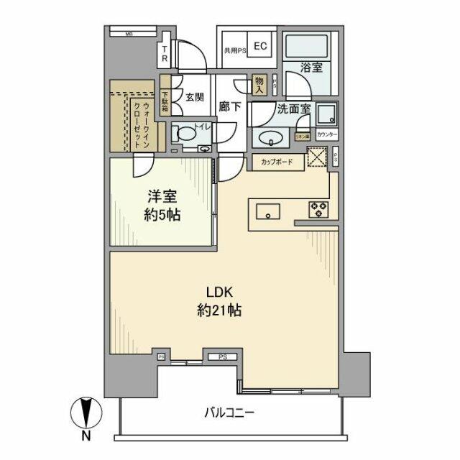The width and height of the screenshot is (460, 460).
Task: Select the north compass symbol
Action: tap(85, 416)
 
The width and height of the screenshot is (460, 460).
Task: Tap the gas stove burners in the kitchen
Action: tap(317, 210)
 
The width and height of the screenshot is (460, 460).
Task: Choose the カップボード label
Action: tap(276, 162)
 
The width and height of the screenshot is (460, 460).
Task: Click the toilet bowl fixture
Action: tap(185, 134)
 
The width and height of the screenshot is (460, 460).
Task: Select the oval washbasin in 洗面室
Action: tap(271, 138)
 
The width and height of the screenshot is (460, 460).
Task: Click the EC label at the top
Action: tap(260, 47)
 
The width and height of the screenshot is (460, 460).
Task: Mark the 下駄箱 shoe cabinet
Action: tap(165, 96)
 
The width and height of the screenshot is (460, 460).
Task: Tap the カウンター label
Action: tap(327, 134)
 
